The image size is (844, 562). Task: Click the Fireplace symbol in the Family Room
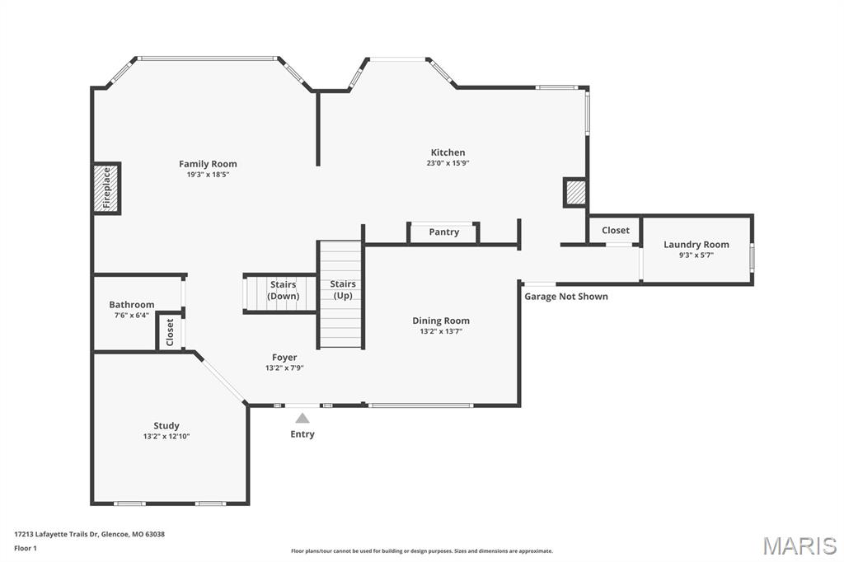106,189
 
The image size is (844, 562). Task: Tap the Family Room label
208,164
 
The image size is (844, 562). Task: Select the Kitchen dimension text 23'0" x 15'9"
448,163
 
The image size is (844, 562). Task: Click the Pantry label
443,232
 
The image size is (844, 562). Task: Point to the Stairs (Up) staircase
341,294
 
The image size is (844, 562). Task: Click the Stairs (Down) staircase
281,293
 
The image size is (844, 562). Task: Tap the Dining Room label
440,321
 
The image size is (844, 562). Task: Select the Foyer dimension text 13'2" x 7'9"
284,368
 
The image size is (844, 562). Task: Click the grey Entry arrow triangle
302,419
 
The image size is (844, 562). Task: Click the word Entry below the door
302,434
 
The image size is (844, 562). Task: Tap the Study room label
166,426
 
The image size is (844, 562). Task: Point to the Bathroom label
132,305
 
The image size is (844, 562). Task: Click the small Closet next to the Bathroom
170,331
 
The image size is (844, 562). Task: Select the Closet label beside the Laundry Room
615,231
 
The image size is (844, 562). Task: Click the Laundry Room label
696,245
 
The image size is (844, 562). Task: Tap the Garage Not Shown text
566,297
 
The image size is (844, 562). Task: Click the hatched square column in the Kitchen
574,193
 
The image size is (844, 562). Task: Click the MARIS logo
799,545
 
